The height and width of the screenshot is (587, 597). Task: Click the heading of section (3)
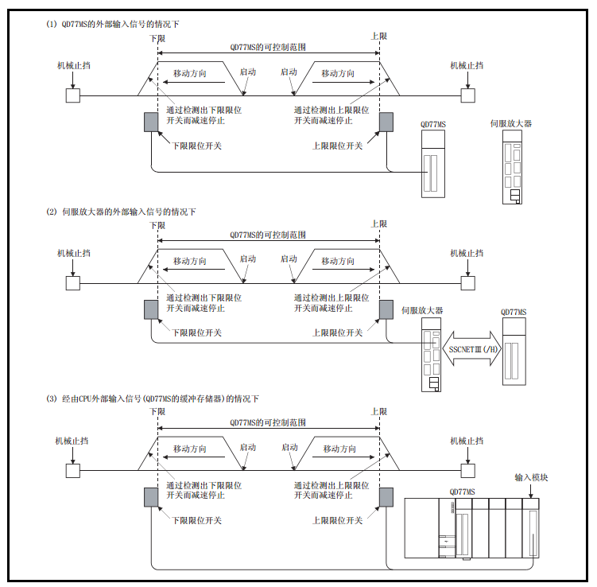click(x=155, y=398)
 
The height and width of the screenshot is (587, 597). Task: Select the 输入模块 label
click(x=531, y=478)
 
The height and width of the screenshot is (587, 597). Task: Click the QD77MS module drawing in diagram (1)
click(x=433, y=165)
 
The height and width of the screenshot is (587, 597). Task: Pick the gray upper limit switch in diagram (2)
click(x=386, y=309)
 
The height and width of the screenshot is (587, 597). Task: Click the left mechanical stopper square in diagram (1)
click(x=72, y=95)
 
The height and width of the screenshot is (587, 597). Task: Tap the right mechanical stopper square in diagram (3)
click(x=467, y=470)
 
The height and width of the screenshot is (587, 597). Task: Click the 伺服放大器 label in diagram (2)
click(x=422, y=310)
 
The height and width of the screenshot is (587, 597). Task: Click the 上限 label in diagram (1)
click(x=379, y=37)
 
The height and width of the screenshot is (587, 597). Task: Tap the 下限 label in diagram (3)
click(x=157, y=412)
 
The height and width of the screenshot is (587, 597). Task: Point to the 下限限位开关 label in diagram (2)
click(x=197, y=332)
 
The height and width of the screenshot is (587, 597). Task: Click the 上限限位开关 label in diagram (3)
click(x=337, y=520)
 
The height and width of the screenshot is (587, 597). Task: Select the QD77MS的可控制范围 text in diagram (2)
click(x=268, y=235)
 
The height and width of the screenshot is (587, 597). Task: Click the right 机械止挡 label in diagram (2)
click(x=467, y=253)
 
